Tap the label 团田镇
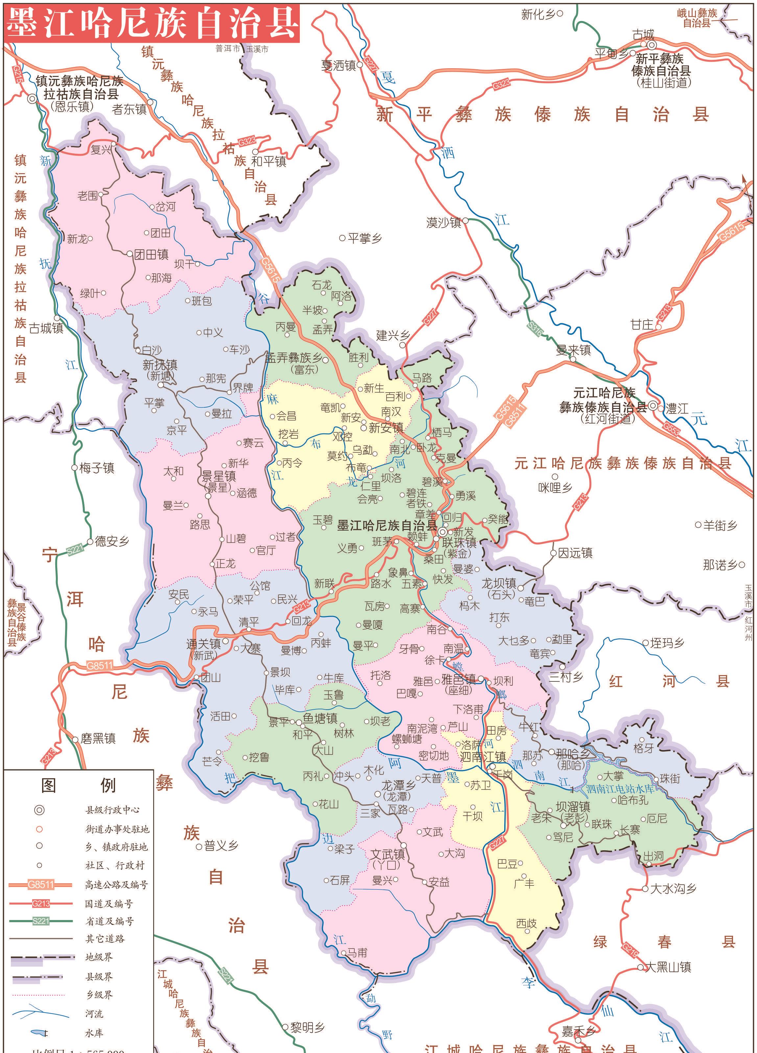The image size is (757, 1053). click(x=151, y=254)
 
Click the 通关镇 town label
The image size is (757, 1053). click(x=203, y=644)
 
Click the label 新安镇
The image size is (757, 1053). click(x=386, y=428)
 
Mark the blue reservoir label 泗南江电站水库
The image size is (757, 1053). click(x=620, y=789)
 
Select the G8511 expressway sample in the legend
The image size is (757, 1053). click(x=40, y=884)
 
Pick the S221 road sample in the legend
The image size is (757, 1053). click(x=40, y=921)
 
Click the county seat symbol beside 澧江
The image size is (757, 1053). click(x=653, y=406)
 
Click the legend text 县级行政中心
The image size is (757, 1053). click(x=112, y=810)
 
